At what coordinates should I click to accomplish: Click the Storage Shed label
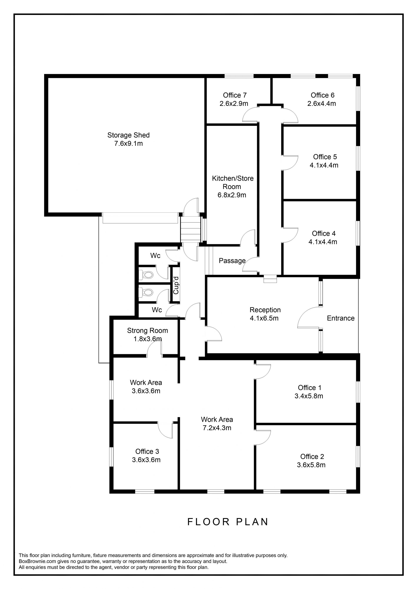[128, 135]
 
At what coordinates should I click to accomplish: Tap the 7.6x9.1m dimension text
[128, 143]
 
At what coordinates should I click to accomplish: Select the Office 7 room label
[235, 95]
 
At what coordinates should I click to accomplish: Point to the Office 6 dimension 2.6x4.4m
[321, 104]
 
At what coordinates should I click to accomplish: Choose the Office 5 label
[325, 157]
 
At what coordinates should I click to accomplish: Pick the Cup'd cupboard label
[176, 285]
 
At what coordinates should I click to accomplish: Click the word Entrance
[341, 318]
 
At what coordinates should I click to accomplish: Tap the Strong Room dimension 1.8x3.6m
[147, 339]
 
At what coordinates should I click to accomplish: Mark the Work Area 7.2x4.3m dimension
[217, 428]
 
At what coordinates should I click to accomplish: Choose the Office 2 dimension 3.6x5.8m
[311, 465]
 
